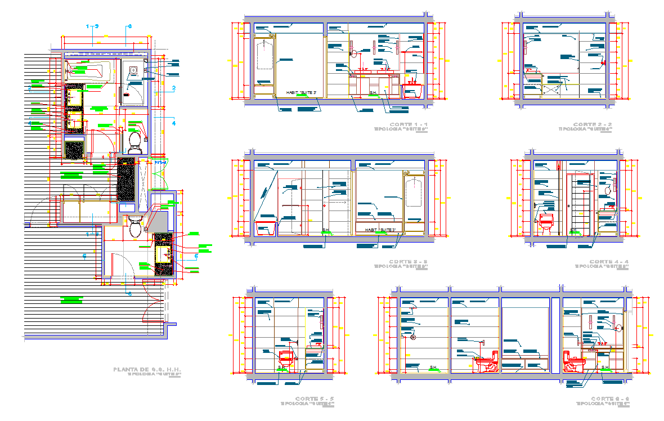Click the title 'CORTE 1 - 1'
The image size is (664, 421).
click(x=409, y=124)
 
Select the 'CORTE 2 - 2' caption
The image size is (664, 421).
click(x=593, y=124)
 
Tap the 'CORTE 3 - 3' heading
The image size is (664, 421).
click(x=409, y=262)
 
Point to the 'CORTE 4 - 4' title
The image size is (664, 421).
click(x=609, y=262)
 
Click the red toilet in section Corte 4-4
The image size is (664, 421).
click(x=546, y=222)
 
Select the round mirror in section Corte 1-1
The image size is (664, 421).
click(x=354, y=54)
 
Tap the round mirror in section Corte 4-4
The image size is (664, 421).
click(x=608, y=191)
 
